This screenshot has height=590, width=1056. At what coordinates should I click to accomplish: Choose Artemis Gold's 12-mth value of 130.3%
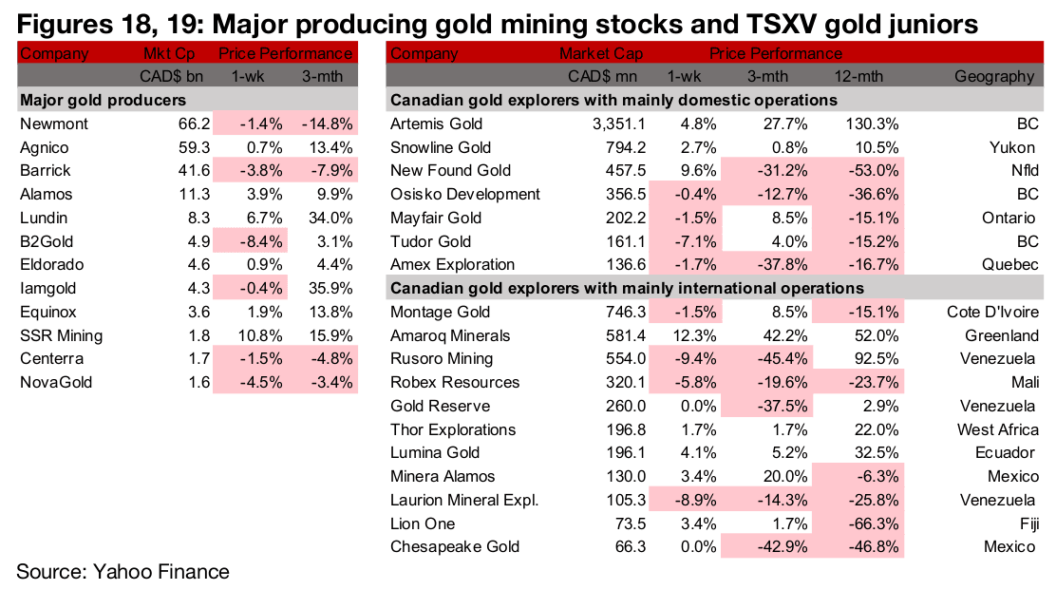tap(870, 124)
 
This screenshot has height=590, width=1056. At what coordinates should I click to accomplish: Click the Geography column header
tap(995, 76)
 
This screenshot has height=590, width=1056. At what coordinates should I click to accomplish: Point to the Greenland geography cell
tap(999, 335)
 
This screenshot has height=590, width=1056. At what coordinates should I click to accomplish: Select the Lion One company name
tap(423, 523)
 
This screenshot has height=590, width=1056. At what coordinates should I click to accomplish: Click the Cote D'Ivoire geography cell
tap(992, 312)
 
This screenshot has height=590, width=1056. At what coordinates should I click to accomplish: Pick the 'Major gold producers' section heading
tap(103, 100)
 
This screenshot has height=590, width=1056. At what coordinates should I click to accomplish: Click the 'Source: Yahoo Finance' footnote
tap(123, 571)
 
